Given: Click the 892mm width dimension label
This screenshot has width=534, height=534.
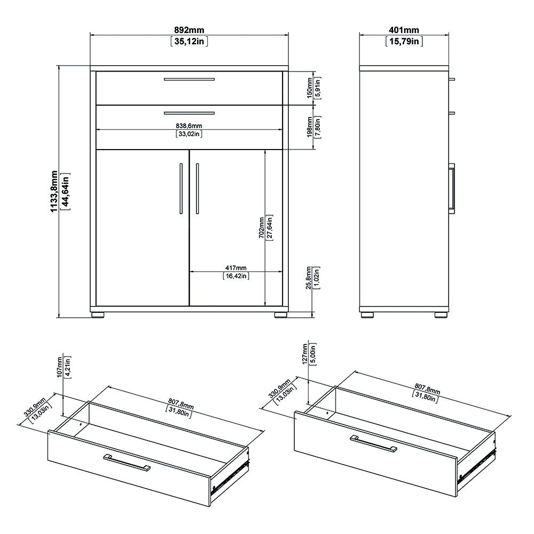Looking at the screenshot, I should click(x=189, y=29).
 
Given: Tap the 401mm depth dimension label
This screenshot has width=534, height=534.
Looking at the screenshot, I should click(x=403, y=29).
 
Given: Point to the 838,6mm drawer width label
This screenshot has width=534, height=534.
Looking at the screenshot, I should click(x=189, y=125).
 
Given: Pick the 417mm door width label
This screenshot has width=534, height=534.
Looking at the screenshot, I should click(x=235, y=268).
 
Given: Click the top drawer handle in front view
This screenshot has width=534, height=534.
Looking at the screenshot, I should click(x=189, y=79).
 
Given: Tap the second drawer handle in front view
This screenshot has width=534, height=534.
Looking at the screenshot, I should click(x=189, y=113).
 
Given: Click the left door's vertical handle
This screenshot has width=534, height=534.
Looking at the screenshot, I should click(x=180, y=189).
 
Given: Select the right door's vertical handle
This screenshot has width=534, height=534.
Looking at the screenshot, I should click(x=197, y=189).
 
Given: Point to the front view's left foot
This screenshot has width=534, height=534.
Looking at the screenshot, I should click(x=97, y=315).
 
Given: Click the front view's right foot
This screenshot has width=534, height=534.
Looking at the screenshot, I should click(x=280, y=315).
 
